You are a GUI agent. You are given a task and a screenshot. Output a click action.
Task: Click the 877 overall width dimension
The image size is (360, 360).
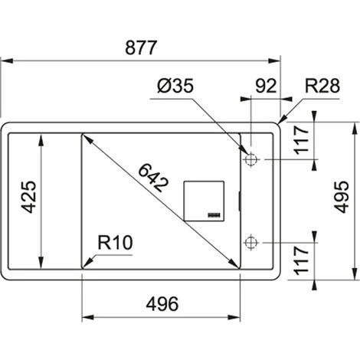pyautogui.click(x=141, y=47)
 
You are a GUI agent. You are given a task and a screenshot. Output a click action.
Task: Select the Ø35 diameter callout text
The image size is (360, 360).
pyautogui.click(x=175, y=86)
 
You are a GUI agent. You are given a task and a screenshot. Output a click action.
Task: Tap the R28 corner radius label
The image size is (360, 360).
pyautogui.click(x=322, y=86)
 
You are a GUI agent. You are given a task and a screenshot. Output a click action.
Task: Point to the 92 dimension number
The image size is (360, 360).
pyautogui.click(x=266, y=86)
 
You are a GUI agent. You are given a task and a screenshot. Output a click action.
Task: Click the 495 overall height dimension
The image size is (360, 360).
pyautogui.click(x=342, y=197)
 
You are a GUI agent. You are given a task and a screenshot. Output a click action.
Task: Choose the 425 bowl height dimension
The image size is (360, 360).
pyautogui.click(x=28, y=197)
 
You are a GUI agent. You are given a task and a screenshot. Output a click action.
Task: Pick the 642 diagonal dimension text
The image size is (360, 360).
pyautogui.click(x=153, y=177)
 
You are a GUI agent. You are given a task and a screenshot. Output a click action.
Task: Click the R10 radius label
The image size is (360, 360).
pyautogui.click(x=115, y=243)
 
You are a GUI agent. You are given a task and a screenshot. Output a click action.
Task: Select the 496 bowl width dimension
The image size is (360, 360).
pyautogui.click(x=162, y=304)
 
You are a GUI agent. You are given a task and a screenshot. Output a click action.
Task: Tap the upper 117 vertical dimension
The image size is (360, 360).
pyautogui.click(x=302, y=140)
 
